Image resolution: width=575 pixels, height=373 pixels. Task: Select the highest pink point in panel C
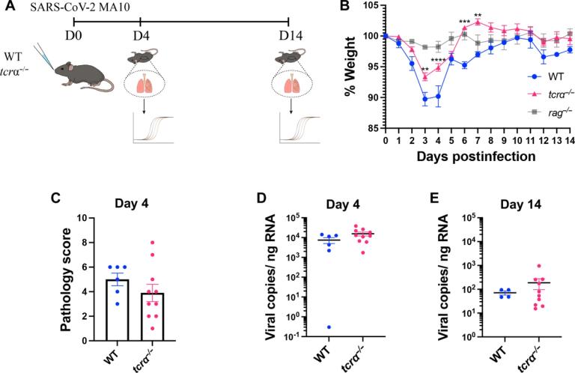(152, 243)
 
